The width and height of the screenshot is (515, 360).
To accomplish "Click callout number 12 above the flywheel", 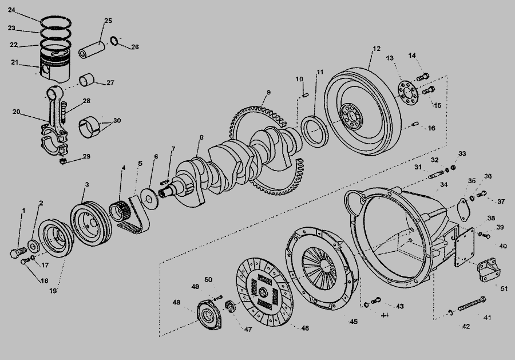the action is coord(377,49).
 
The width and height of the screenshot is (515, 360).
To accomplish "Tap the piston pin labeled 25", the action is coord(92,49).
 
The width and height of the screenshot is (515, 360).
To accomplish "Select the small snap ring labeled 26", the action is coord(114,41).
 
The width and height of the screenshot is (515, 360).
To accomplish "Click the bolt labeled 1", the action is coord(17,252).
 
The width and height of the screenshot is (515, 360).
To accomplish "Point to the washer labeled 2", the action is coord(33,246).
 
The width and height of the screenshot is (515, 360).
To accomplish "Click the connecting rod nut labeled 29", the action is coord(64,161).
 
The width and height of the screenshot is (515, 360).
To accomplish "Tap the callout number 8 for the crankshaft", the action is coord(201,137).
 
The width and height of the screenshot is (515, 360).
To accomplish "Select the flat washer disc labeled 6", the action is coord(150,199).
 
